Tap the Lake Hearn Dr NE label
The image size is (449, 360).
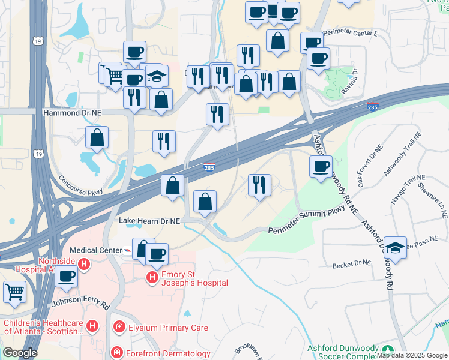click(149, 221)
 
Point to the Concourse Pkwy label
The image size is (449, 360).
click(80, 185)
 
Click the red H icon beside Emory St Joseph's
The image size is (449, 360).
click(152, 276)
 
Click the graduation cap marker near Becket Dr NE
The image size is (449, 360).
click(395, 247)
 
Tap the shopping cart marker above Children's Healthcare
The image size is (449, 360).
click(14, 292)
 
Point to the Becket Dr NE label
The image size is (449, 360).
click(354, 263)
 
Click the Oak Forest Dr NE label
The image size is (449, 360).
click(369, 165)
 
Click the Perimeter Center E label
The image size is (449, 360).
click(350, 34)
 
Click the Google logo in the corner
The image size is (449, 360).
click(20, 353)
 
